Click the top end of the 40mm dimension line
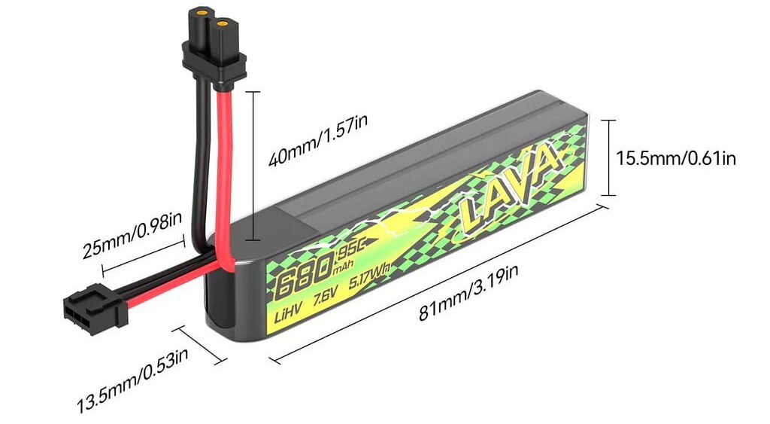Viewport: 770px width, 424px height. [253, 91]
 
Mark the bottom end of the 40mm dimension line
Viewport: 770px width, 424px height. [253, 240]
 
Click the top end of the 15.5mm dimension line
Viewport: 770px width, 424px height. [608, 120]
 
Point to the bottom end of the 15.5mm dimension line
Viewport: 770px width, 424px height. [608, 195]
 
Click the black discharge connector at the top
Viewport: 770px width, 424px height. [214, 49]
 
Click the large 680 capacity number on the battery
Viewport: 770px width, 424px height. [304, 278]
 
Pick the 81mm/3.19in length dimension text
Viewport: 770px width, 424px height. [468, 293]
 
